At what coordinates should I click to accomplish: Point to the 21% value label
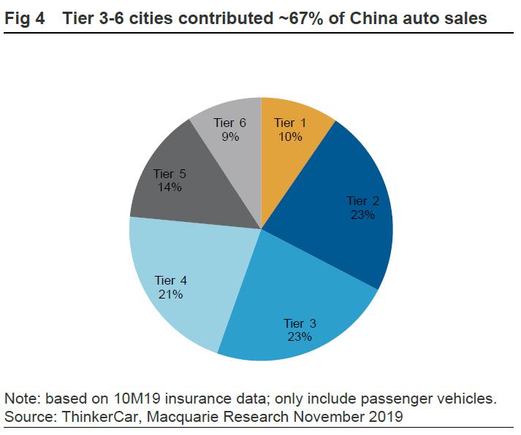coord(170,294)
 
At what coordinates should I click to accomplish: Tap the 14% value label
coord(169,187)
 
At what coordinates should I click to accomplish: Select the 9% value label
coord(231,136)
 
